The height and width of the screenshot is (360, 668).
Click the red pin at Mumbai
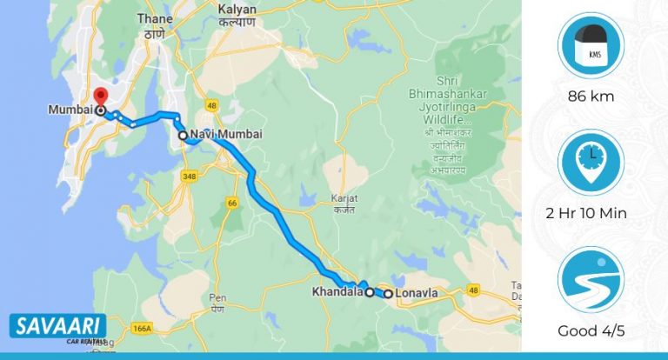tap(101, 96)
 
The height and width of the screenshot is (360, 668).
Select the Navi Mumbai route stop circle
tap(183, 136)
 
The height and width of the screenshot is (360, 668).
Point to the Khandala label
tap(336, 292)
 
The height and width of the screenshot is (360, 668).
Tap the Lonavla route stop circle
tap(388, 293)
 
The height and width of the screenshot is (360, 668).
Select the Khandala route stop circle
tap(369, 293)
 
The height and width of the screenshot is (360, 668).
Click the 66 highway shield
tap(232, 202)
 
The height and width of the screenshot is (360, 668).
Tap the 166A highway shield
tap(143, 329)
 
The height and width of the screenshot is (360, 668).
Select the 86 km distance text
tap(591, 96)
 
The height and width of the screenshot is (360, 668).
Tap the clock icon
tap(591, 163)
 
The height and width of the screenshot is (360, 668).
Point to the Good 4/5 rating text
tap(591, 331)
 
